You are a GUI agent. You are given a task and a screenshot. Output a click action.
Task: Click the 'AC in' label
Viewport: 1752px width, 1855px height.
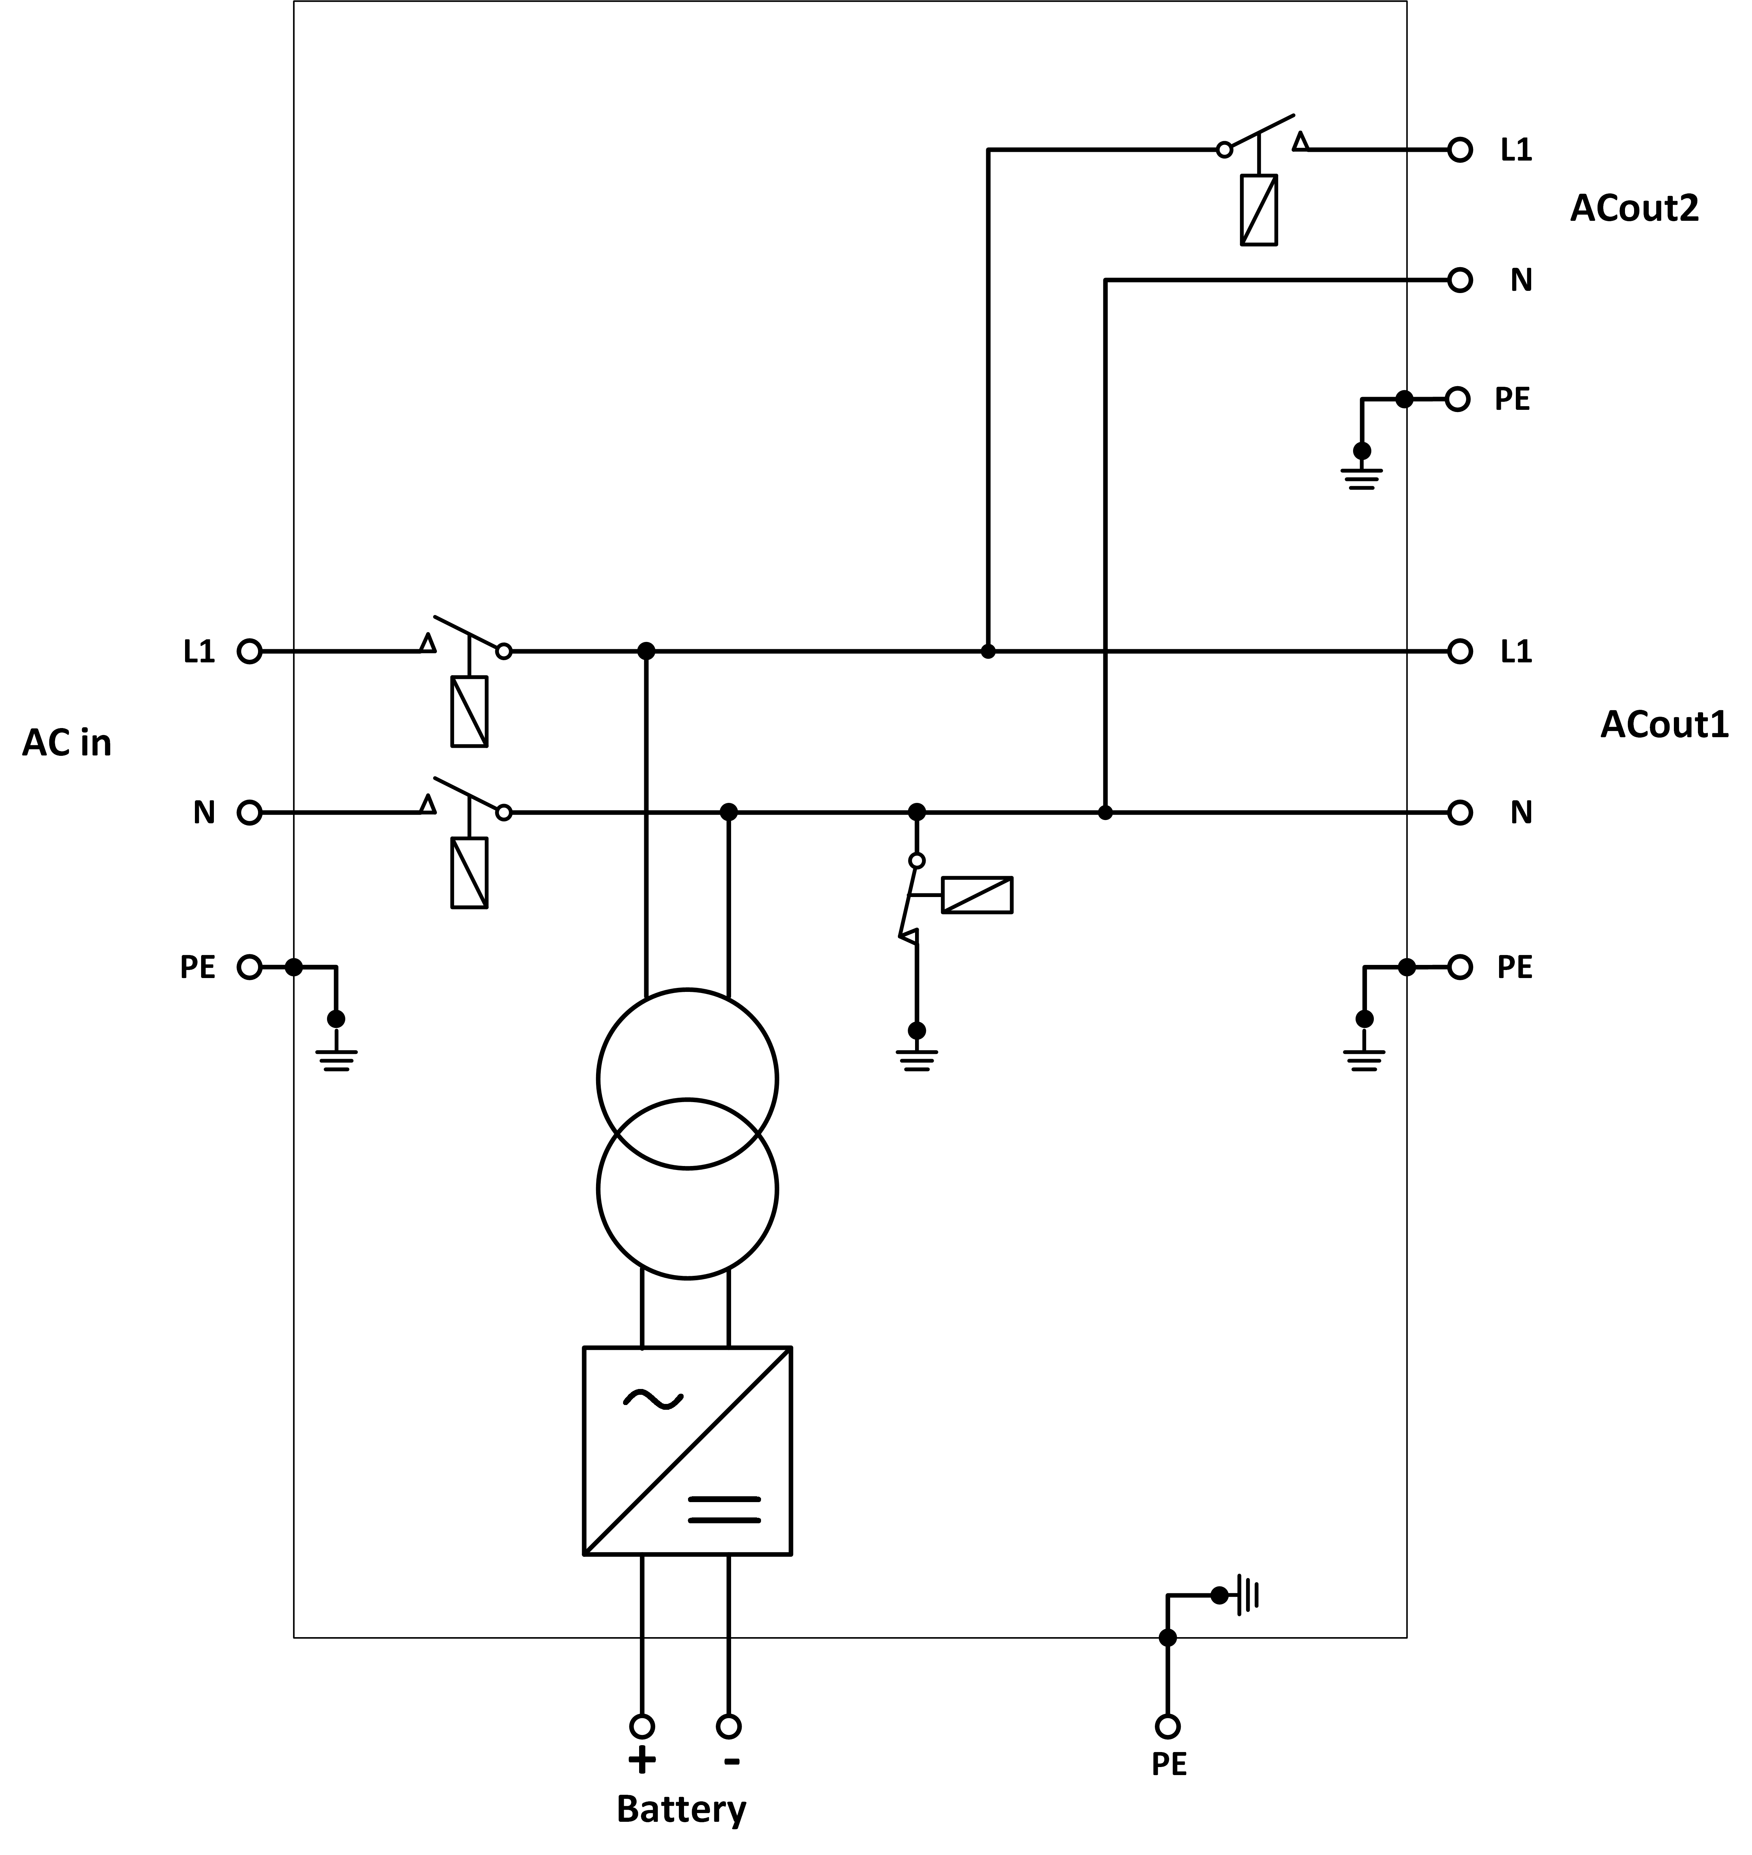tap(66, 743)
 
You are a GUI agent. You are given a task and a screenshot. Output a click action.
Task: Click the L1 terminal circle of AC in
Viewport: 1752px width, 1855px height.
tap(249, 652)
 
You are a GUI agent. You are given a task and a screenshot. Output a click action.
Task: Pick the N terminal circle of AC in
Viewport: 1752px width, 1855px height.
tap(249, 813)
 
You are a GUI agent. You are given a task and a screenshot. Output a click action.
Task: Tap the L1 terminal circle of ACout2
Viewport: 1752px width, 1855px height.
tap(1460, 149)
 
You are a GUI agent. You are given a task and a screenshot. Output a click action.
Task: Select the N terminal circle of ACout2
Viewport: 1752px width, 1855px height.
tap(1460, 280)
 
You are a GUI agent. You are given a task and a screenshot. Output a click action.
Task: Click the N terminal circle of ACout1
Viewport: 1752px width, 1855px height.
tap(1460, 813)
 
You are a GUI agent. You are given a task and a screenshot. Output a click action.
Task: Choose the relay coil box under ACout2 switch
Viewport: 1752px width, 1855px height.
tap(1259, 210)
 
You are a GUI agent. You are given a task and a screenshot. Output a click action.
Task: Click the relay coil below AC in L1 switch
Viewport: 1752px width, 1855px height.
tap(469, 711)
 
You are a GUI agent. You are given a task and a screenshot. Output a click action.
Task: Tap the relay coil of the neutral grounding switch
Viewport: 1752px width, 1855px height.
tap(977, 895)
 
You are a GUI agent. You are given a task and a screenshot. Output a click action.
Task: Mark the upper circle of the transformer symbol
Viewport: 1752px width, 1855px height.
tap(687, 1079)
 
